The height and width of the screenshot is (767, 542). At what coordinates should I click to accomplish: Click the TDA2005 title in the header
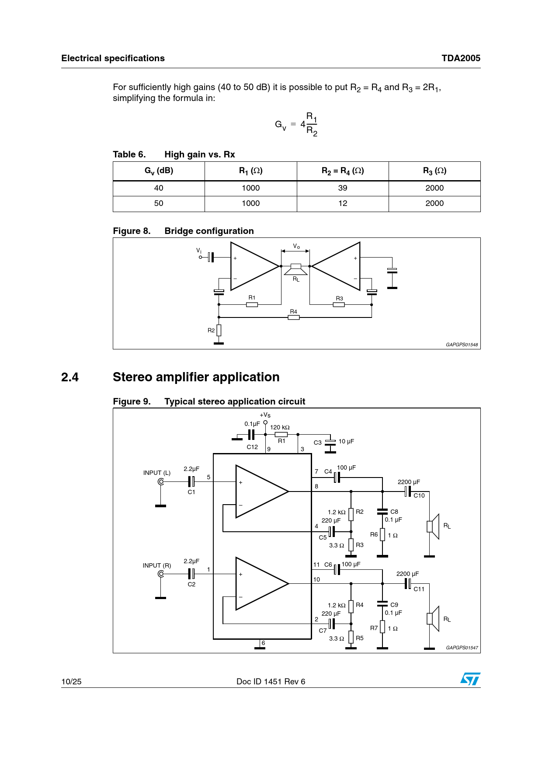[461, 58]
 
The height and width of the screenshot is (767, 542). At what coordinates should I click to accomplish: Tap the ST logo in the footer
[470, 679]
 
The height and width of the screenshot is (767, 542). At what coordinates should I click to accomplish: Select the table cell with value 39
[343, 188]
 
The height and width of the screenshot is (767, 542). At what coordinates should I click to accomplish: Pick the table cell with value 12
[343, 203]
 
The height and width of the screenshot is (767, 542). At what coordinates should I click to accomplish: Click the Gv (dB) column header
[159, 171]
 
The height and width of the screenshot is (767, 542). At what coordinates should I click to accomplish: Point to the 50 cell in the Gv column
[159, 203]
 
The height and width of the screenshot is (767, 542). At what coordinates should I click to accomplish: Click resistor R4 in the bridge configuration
[294, 317]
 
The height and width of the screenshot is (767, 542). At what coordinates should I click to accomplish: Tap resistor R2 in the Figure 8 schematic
[219, 330]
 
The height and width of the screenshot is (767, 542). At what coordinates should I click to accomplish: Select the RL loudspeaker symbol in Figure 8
[296, 269]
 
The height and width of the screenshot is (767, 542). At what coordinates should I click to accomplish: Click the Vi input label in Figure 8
[199, 251]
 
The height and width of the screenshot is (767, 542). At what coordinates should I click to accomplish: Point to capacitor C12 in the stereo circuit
[251, 435]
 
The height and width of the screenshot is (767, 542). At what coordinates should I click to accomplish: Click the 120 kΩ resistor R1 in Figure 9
[281, 435]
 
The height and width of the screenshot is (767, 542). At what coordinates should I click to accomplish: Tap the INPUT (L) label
[157, 473]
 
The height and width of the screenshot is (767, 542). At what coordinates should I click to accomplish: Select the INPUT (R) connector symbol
[161, 574]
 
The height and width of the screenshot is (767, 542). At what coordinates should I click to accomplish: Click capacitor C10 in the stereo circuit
[408, 492]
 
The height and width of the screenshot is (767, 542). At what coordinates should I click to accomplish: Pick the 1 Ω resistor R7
[382, 627]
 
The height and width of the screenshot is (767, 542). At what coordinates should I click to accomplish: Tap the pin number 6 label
[263, 643]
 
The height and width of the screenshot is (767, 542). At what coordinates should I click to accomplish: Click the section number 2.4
[70, 377]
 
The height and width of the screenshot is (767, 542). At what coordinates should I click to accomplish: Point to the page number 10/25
[71, 681]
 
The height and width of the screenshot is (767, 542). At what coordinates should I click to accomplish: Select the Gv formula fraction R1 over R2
[312, 124]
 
